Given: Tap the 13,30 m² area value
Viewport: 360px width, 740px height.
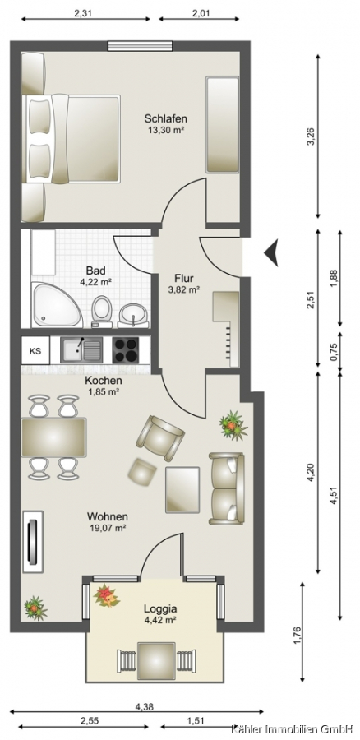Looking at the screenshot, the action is [x=165, y=128].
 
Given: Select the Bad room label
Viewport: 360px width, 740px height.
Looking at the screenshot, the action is [x=95, y=271].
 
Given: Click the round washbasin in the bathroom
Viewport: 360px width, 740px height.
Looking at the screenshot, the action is [x=132, y=315].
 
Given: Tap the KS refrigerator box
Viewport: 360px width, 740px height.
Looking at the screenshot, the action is [x=35, y=350].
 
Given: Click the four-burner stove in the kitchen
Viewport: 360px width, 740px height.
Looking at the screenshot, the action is [x=126, y=350].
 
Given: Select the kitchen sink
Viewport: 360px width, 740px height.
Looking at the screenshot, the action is [x=81, y=350].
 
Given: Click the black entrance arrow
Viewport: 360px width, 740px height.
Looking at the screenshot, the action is [x=272, y=252].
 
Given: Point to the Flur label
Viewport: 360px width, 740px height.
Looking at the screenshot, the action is [x=183, y=278].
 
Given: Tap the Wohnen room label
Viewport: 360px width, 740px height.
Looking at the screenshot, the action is [x=108, y=517].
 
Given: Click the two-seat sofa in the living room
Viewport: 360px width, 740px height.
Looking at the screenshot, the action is [x=227, y=488].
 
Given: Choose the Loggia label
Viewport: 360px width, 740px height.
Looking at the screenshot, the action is [x=161, y=608].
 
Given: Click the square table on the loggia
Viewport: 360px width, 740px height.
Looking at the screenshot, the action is [x=157, y=661].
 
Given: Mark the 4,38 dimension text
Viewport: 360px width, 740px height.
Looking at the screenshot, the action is [x=144, y=707].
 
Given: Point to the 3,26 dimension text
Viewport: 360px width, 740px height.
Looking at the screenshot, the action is [x=310, y=137].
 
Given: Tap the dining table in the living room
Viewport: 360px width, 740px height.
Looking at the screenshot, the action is [x=53, y=437].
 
